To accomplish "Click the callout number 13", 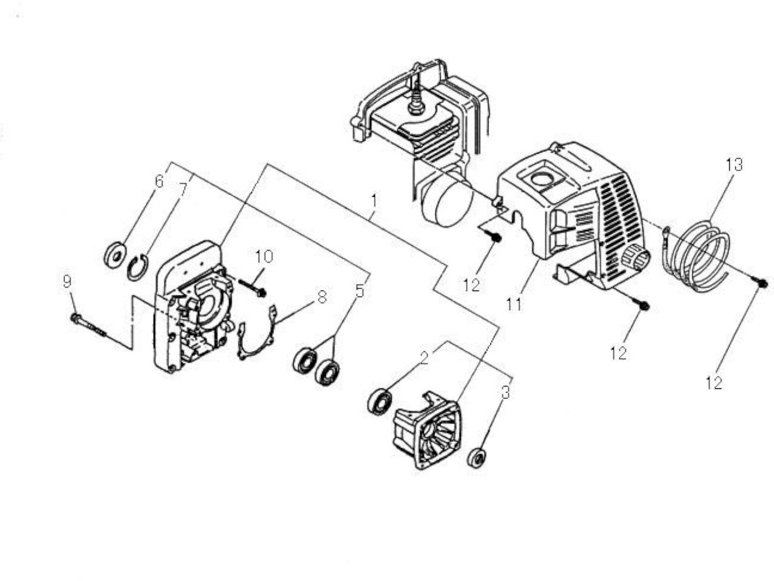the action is (x=734, y=164).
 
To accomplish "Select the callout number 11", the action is (x=515, y=304).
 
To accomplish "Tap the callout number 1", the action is (x=374, y=201).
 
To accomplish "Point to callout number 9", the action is (x=67, y=281).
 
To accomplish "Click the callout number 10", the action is (x=264, y=256).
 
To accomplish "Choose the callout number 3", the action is (x=506, y=392).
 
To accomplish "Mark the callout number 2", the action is (x=424, y=358).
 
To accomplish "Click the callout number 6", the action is (x=160, y=182).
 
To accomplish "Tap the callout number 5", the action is (x=359, y=291).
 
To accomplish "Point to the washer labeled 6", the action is (x=115, y=253).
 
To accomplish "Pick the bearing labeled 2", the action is (x=379, y=402).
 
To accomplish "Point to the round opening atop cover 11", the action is (x=542, y=180).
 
